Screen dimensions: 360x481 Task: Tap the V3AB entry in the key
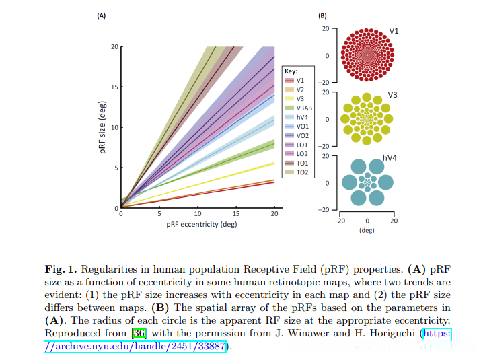303,108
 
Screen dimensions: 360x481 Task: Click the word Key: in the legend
291,70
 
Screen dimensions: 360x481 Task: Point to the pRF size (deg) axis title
103,128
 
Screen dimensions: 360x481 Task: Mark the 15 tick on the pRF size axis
114,87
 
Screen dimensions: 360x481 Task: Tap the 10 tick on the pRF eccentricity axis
197,214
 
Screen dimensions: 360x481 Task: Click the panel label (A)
101,15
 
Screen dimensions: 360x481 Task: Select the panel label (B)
322,15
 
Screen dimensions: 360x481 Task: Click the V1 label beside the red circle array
395,32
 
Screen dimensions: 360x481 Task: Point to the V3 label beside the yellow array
393,95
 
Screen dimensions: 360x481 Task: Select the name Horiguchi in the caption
381,333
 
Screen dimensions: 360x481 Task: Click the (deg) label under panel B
367,229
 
